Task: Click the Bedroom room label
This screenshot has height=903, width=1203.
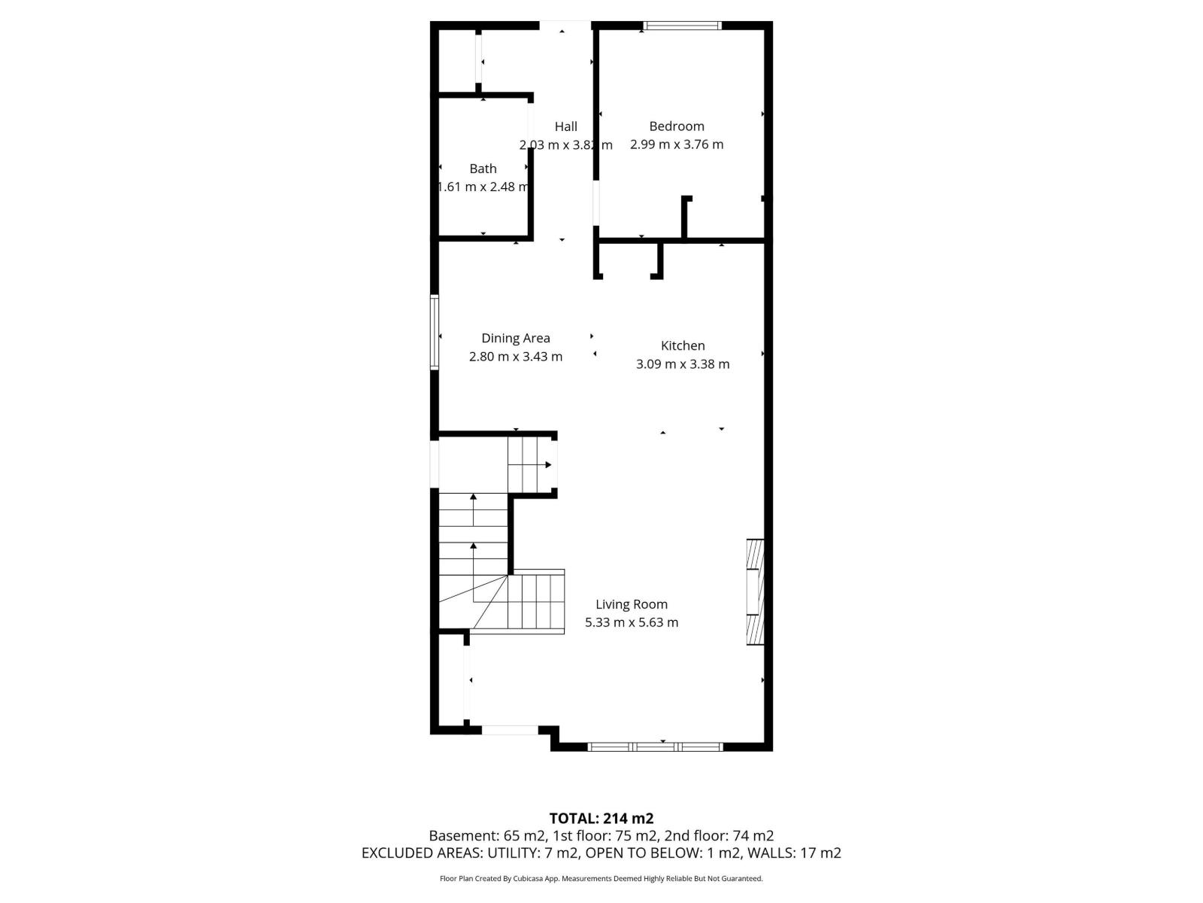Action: [677, 126]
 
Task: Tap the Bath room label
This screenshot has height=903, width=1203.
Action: [483, 169]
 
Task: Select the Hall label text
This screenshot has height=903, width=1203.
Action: [566, 126]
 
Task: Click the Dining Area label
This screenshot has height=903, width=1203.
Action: [516, 339]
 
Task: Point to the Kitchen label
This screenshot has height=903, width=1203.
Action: [683, 346]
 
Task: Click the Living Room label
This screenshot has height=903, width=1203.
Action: [632, 604]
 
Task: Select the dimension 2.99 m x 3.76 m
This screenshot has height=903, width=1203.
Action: [677, 144]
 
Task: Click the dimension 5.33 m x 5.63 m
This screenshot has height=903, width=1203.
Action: [632, 622]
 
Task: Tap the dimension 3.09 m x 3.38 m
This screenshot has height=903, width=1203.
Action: [683, 364]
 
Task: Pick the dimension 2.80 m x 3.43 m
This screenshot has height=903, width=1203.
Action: [516, 357]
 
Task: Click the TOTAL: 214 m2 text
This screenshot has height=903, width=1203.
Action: [601, 819]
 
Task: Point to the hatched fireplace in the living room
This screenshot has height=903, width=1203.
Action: [755, 591]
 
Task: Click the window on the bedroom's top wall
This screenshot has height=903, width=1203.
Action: [682, 26]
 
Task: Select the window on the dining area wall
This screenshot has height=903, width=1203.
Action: [435, 332]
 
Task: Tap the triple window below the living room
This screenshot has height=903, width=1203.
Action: [655, 746]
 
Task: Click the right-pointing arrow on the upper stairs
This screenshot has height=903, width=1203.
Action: [548, 465]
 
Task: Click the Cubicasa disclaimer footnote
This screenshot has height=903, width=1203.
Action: [601, 878]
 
